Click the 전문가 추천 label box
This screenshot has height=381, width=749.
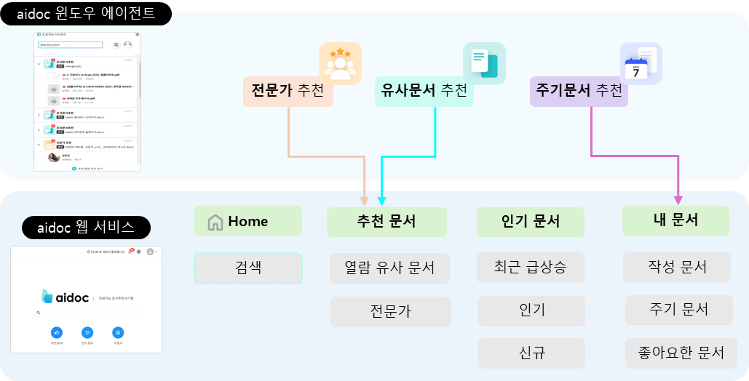(x=288, y=92)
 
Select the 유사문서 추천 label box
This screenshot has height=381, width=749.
(x=424, y=92)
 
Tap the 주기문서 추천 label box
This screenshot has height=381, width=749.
(x=579, y=92)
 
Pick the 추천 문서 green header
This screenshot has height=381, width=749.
(x=387, y=222)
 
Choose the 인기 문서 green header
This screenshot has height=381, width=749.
(x=530, y=222)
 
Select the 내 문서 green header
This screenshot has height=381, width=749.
(x=675, y=220)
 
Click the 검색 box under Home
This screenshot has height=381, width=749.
(x=247, y=268)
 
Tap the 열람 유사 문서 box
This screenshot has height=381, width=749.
(x=389, y=268)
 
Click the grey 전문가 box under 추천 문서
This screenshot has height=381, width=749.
(x=390, y=311)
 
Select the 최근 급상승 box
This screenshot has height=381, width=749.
(x=531, y=268)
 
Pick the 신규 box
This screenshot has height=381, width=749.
(x=532, y=353)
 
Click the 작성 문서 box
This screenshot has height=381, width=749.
(x=677, y=267)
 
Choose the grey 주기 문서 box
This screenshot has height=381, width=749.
(x=678, y=310)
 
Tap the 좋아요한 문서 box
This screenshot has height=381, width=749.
(x=681, y=353)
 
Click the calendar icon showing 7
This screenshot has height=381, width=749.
(x=640, y=64)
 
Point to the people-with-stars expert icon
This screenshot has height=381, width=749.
(x=340, y=63)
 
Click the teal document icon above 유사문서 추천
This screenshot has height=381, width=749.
(x=484, y=63)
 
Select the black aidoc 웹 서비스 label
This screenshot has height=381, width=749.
(x=86, y=227)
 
